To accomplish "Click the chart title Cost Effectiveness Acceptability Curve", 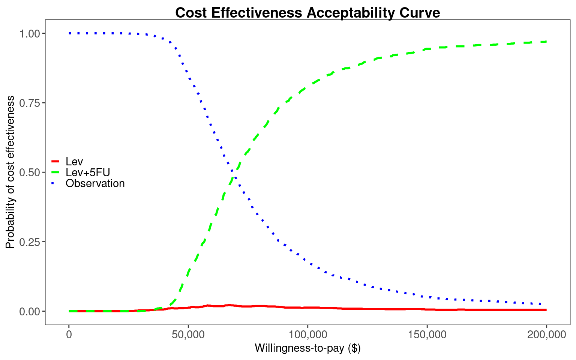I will (307, 13).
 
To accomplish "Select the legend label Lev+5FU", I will (88, 172).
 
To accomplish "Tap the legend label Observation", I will (95, 183).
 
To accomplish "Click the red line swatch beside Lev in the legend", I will (55, 162).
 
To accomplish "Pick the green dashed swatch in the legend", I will (55, 172).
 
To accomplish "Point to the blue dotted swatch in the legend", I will (55, 183).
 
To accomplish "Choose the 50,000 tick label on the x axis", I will (188, 334).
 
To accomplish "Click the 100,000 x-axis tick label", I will (307, 334).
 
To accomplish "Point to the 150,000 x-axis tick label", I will (427, 334).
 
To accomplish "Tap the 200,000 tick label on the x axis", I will (546, 334).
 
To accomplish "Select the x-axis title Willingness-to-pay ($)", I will (307, 348).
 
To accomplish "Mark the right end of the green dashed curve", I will (546, 41).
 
